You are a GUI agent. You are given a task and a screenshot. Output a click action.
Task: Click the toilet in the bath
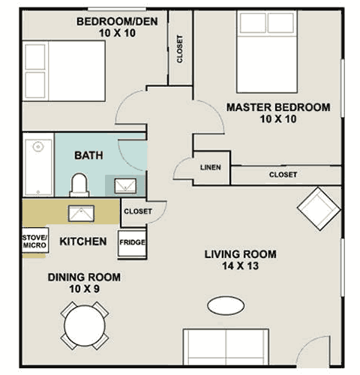(79, 185)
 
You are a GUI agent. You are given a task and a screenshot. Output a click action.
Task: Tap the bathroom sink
(125, 186)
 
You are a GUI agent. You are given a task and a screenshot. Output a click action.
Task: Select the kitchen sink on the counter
(81, 214)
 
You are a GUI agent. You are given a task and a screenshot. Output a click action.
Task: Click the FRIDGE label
(132, 242)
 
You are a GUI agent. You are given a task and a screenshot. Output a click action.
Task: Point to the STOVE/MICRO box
(35, 240)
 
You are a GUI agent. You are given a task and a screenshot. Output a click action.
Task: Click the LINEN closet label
(211, 167)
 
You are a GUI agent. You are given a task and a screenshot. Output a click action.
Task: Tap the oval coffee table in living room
(226, 305)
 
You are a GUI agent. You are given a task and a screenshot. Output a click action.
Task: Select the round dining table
(85, 325)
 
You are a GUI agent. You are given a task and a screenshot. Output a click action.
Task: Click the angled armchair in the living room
(319, 208)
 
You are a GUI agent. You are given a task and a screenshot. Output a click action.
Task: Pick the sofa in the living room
(226, 347)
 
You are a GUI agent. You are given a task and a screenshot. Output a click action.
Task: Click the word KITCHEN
(83, 241)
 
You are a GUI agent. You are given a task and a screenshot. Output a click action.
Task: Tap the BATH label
(88, 155)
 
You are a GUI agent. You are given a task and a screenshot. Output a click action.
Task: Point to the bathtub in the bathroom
(38, 167)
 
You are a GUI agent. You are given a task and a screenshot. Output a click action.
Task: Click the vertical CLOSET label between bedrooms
(180, 49)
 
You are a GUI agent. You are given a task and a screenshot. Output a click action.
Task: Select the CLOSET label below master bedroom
(283, 175)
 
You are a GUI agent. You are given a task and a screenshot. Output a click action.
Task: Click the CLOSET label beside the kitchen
(138, 211)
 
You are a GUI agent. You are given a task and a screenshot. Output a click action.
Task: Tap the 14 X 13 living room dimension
(241, 265)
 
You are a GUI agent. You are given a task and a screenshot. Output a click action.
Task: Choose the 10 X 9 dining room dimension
(85, 289)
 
